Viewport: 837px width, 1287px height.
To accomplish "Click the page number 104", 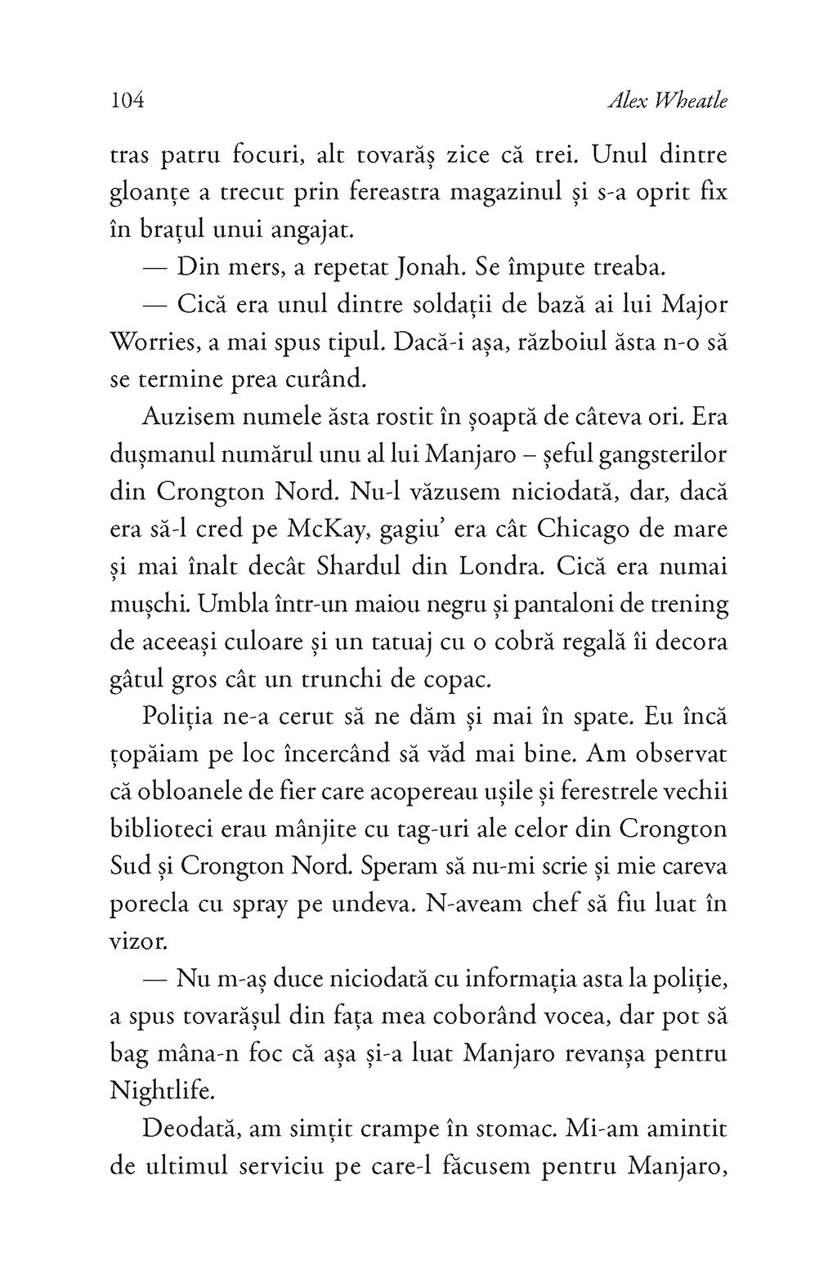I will [x=126, y=101].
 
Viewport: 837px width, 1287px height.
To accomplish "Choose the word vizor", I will [x=137, y=942].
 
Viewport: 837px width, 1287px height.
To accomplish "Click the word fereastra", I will [x=370, y=193].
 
